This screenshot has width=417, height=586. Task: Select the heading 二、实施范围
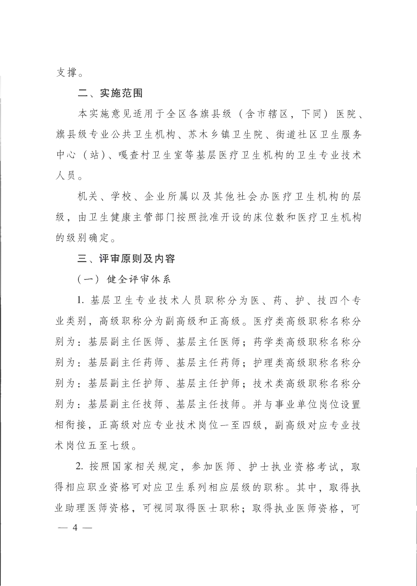click(x=110, y=93)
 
